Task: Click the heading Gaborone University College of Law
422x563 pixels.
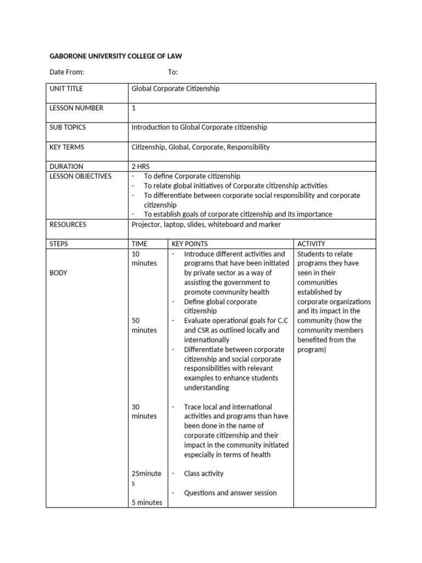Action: pyautogui.click(x=115, y=56)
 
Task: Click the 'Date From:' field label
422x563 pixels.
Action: pyautogui.click(x=66, y=73)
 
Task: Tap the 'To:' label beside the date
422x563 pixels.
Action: pyautogui.click(x=173, y=73)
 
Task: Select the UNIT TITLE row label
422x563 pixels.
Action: pyautogui.click(x=66, y=89)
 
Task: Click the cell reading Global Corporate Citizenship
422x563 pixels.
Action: pyautogui.click(x=175, y=89)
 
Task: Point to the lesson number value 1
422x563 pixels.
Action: pyautogui.click(x=134, y=108)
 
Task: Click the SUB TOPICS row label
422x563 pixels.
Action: pyautogui.click(x=68, y=127)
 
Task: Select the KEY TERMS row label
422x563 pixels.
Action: pyautogui.click(x=67, y=147)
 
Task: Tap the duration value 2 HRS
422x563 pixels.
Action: pyautogui.click(x=141, y=166)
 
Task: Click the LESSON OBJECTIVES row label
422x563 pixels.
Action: pyautogui.click(x=80, y=176)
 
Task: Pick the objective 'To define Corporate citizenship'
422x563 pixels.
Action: pyautogui.click(x=192, y=176)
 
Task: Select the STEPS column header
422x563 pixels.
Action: pyautogui.click(x=59, y=244)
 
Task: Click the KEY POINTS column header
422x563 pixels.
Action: pyautogui.click(x=190, y=244)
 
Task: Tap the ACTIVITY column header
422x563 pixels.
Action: pyautogui.click(x=311, y=244)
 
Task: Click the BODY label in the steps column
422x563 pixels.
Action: pyautogui.click(x=58, y=273)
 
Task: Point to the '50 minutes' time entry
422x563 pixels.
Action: pyautogui.click(x=144, y=325)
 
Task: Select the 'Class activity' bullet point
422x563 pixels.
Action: pyautogui.click(x=203, y=473)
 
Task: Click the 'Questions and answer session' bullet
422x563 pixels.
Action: pyautogui.click(x=230, y=493)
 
